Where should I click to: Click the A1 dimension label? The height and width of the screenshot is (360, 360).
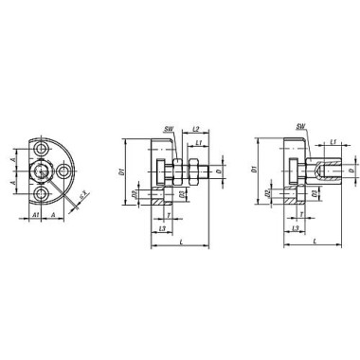pos(35,216)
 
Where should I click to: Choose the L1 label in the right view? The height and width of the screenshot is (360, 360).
pos(336,142)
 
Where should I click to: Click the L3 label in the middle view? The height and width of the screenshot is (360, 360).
pos(162,229)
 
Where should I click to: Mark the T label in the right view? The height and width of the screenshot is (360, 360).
pos(295,216)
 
